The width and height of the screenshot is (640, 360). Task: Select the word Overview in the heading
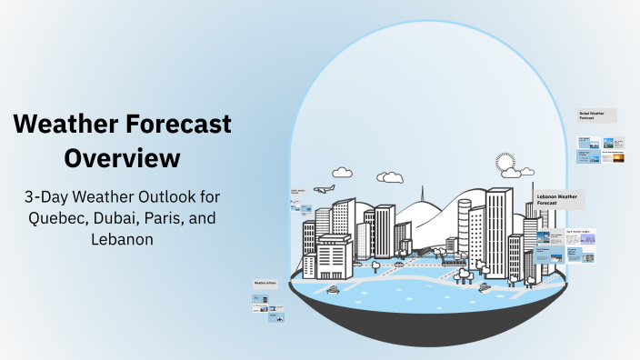pyautogui.click(x=122, y=157)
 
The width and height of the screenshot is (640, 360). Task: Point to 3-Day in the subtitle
pyautogui.click(x=47, y=196)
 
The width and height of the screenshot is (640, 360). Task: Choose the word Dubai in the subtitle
pyautogui.click(x=127, y=218)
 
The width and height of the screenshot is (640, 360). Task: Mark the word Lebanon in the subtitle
pyautogui.click(x=122, y=240)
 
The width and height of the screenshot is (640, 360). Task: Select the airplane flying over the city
pyautogui.click(x=324, y=189)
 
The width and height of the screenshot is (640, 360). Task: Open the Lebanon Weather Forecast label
pyautogui.click(x=560, y=199)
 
